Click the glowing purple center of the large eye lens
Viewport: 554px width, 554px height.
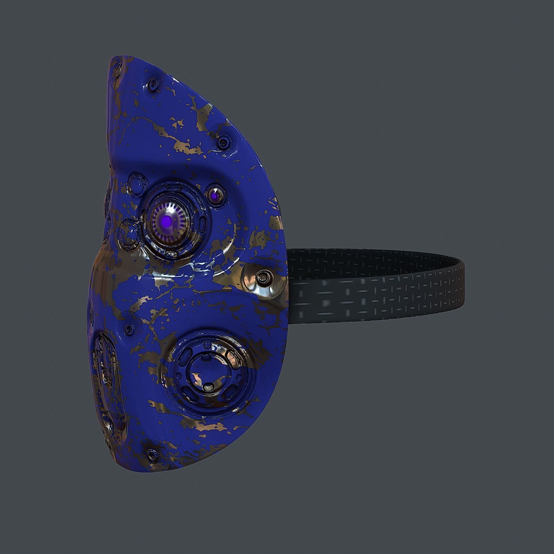167,222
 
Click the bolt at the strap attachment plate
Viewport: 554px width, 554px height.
263,276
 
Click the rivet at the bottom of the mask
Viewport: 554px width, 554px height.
151,453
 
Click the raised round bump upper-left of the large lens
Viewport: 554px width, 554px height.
134,182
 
